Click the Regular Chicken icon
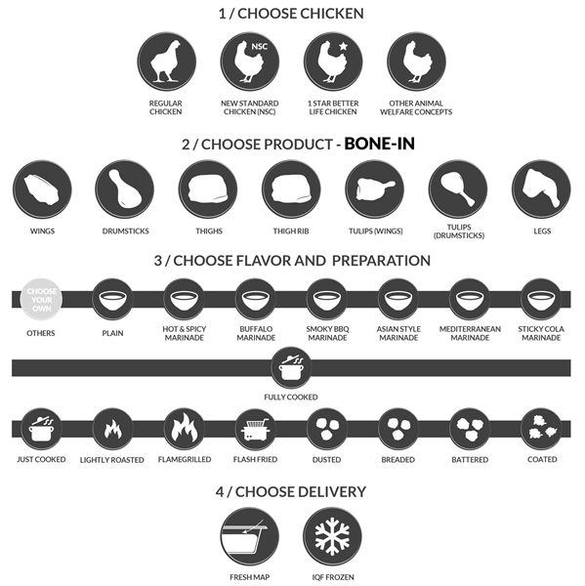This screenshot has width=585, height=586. pos(166,62)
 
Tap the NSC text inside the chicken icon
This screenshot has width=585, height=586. pos(259,47)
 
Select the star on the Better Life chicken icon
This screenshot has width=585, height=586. pos(343,46)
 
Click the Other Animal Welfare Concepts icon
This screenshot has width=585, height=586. pos(416,62)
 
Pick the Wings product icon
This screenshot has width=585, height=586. pos(42,189)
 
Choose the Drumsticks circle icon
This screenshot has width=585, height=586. pos(125,189)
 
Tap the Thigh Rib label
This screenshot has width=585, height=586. pos(291,231)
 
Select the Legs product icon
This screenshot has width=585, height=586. pos(541,189)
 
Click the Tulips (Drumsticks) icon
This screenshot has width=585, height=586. pos(458,189)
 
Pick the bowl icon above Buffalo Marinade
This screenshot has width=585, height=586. pos(256,300)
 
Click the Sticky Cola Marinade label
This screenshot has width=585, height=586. pos(541,333)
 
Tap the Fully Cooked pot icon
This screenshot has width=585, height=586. pos(291,367)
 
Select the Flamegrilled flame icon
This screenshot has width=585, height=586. pos(185,429)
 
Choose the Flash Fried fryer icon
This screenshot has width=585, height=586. pos(256,429)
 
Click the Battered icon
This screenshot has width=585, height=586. pos(470,429)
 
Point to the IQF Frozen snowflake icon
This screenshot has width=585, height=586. pos(332,536)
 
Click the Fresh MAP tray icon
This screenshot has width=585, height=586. pos(250,536)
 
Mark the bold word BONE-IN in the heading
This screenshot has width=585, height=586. pos(379,144)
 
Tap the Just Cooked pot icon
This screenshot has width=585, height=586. pos(41,429)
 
